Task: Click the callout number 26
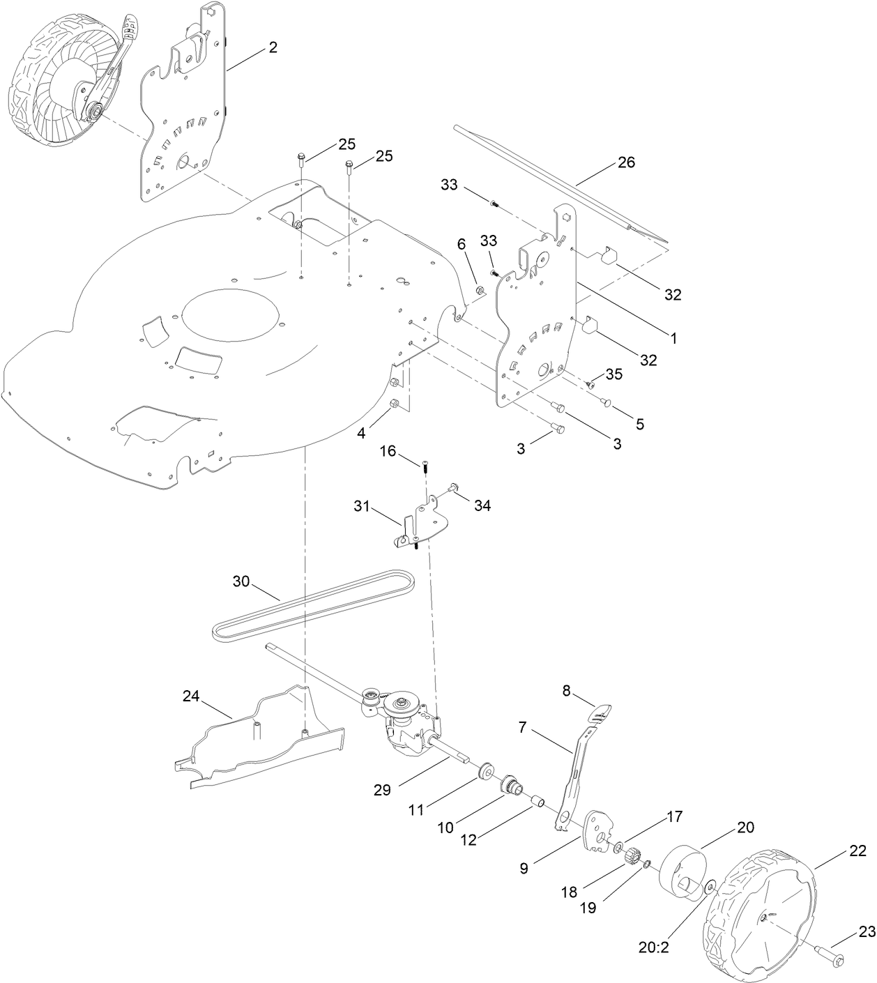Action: [x=626, y=162]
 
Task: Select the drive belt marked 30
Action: [x=314, y=604]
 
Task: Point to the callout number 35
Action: [x=614, y=374]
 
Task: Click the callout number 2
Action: [x=273, y=47]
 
